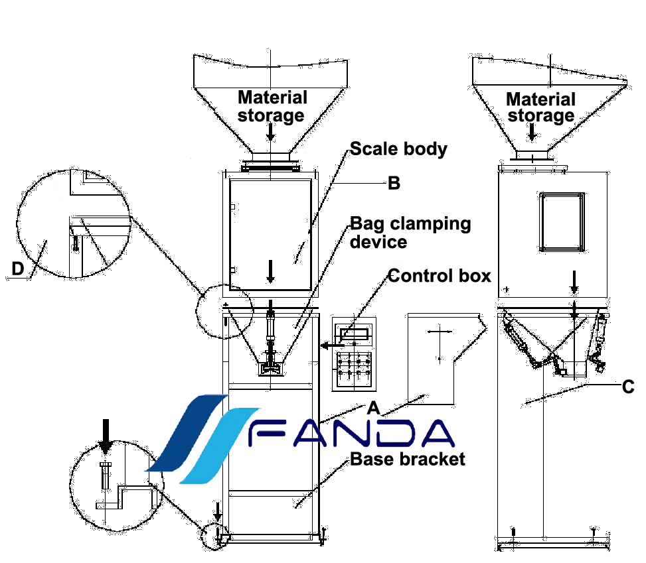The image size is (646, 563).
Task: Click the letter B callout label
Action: point(394,183)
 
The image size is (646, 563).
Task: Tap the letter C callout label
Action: point(627,387)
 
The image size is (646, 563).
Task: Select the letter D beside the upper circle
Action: point(19,268)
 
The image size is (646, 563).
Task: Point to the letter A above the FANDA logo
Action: point(373,406)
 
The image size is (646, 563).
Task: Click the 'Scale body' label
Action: point(398,149)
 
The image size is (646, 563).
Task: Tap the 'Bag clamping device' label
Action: point(410,232)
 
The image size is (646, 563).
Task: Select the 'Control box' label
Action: point(439,275)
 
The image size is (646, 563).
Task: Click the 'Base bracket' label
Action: point(408,458)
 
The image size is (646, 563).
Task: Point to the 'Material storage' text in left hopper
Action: point(272,106)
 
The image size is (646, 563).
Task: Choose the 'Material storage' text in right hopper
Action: point(540,107)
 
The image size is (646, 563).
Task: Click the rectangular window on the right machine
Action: point(562,222)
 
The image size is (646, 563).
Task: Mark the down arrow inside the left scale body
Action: point(270,270)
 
